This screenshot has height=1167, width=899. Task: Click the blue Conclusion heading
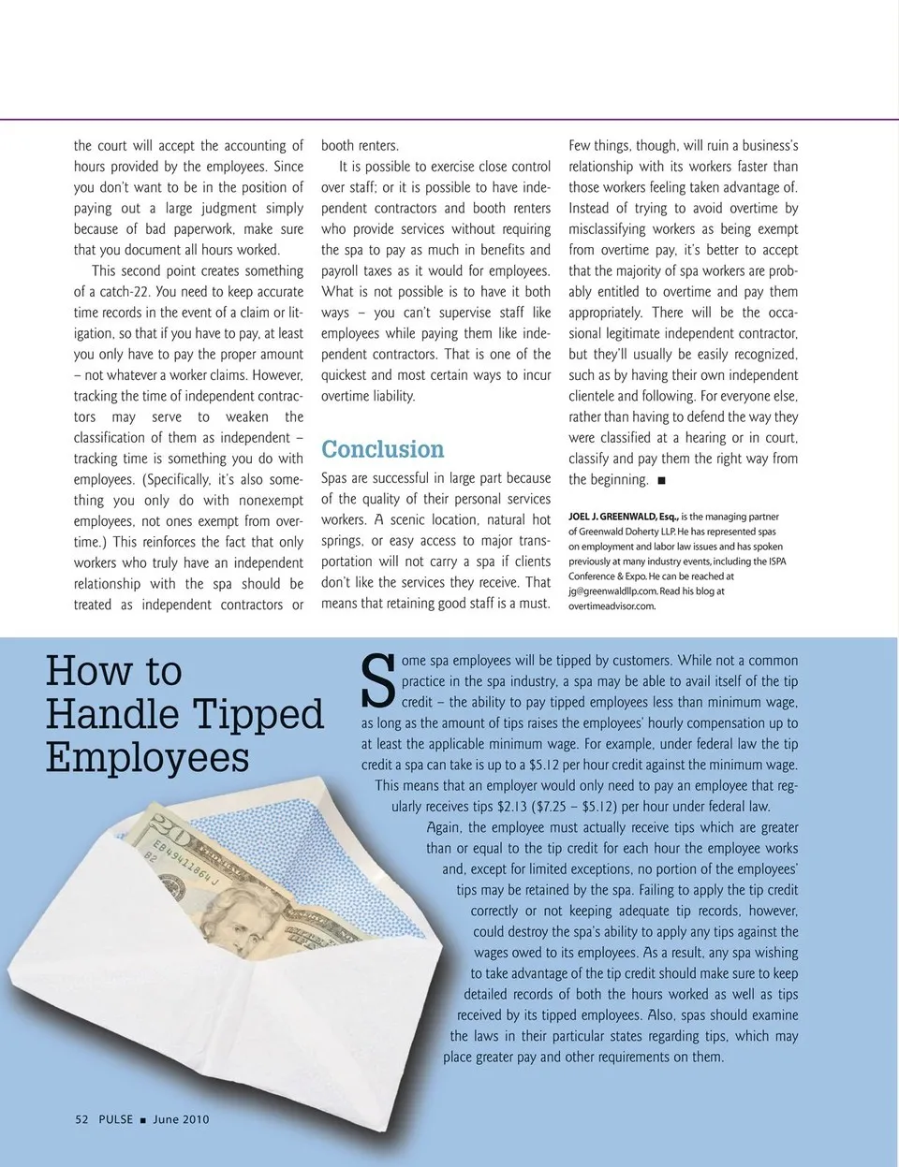pyautogui.click(x=382, y=449)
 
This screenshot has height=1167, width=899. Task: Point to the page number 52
pyautogui.click(x=81, y=1119)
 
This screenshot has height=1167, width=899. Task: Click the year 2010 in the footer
pyautogui.click(x=196, y=1119)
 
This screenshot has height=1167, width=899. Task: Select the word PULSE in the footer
pyautogui.click(x=115, y=1119)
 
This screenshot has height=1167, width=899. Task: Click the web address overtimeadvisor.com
pyautogui.click(x=612, y=606)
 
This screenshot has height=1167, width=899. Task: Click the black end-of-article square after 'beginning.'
pyautogui.click(x=662, y=480)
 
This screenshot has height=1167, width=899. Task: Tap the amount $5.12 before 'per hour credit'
pyautogui.click(x=542, y=765)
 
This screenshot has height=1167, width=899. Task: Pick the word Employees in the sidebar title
pyautogui.click(x=147, y=757)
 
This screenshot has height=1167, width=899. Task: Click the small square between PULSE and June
pyautogui.click(x=142, y=1120)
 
